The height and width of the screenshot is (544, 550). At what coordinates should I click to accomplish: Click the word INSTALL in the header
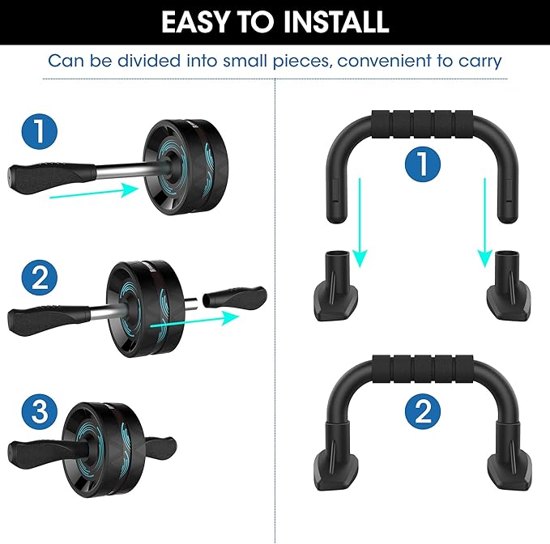pyautogui.click(x=335, y=22)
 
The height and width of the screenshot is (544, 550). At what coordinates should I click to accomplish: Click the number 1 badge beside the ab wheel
pyautogui.click(x=39, y=132)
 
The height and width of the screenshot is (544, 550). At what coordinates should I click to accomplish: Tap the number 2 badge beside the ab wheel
pyautogui.click(x=39, y=277)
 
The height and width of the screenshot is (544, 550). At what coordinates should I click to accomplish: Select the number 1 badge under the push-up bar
pyautogui.click(x=423, y=164)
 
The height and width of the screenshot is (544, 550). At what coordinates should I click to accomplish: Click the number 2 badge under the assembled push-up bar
pyautogui.click(x=423, y=411)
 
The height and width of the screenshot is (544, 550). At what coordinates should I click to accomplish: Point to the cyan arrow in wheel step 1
pyautogui.click(x=94, y=193)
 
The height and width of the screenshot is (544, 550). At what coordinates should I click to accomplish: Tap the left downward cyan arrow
pyautogui.click(x=360, y=223)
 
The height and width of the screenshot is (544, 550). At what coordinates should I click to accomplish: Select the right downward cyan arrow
pyautogui.click(x=485, y=223)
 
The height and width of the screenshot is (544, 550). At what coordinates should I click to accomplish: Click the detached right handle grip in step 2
pyautogui.click(x=235, y=297)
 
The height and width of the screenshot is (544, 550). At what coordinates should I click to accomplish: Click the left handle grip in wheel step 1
pyautogui.click(x=52, y=174)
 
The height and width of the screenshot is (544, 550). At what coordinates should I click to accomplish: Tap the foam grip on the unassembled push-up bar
pyautogui.click(x=422, y=125)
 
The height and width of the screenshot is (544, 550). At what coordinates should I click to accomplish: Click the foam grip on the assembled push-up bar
pyautogui.click(x=423, y=370)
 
